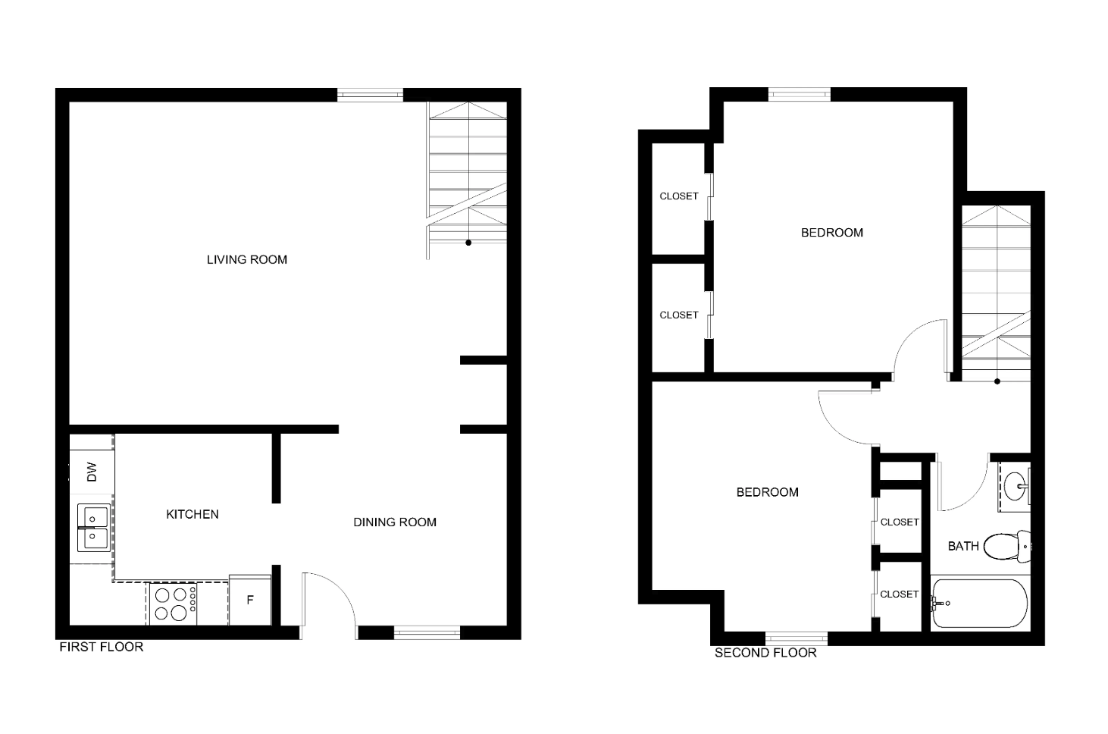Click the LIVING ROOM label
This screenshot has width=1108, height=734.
[x=247, y=259]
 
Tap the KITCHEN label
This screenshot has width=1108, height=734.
[x=192, y=514]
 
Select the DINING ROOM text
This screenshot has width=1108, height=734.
[x=395, y=522]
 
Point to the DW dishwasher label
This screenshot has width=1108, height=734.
[x=92, y=472]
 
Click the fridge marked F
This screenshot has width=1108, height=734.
[x=250, y=600]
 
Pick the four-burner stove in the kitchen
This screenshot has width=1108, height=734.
[x=173, y=604]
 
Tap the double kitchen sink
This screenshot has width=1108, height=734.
[x=93, y=528]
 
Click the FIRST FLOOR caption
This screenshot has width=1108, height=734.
[x=102, y=647]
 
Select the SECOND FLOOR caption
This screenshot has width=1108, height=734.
[x=765, y=653]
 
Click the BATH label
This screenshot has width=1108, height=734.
[x=963, y=546]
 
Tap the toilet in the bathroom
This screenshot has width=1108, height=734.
[x=1007, y=547]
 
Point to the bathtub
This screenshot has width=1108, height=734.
[x=979, y=604]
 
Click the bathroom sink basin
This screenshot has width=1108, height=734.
[x=1015, y=487]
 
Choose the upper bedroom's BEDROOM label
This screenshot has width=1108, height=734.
[x=832, y=233]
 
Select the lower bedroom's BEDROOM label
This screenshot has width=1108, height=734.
[x=767, y=492]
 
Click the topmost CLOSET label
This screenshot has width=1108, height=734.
[x=678, y=196]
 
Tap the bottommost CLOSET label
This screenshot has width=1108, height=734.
[x=900, y=594]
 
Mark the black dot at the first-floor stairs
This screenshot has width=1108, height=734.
[x=468, y=243]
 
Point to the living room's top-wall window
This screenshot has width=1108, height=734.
[x=370, y=95]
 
